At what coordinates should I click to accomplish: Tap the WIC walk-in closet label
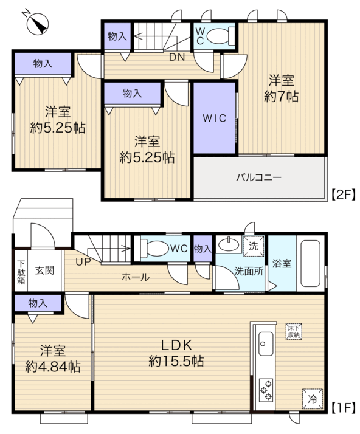pyautogui.click(x=214, y=118)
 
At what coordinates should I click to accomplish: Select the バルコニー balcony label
pyautogui.click(x=258, y=177)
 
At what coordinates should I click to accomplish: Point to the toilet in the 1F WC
pyautogui.click(x=154, y=248)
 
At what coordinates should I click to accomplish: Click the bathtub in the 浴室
pyautogui.click(x=310, y=263)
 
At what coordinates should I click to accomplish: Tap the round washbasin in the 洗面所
pyautogui.click(x=229, y=244)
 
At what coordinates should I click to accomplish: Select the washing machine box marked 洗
pyautogui.click(x=254, y=246)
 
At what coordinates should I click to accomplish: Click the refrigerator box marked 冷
pyautogui.click(x=313, y=399)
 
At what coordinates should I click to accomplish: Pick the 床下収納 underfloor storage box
pyautogui.click(x=294, y=332)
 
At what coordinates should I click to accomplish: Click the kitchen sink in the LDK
pyautogui.click(x=266, y=343)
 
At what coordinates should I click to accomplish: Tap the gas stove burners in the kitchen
pyautogui.click(x=266, y=390)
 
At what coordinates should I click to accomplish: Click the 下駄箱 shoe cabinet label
pyautogui.click(x=21, y=272)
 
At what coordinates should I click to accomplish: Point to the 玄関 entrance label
pyautogui.click(x=44, y=270)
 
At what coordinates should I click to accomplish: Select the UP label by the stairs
pyautogui.click(x=83, y=261)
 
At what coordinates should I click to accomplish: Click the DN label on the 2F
pyautogui.click(x=177, y=57)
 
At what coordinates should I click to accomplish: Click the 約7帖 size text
pyautogui.click(x=281, y=97)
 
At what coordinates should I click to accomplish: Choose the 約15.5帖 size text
pyautogui.click(x=176, y=361)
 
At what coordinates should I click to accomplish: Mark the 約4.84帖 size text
pyautogui.click(x=53, y=367)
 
